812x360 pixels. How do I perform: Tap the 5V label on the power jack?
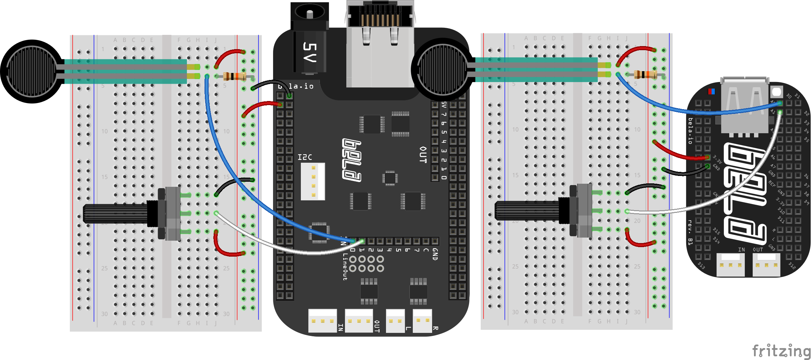(x=309, y=52)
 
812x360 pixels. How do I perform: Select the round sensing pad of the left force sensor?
(x=32, y=72)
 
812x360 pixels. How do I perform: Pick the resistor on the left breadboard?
(x=234, y=76)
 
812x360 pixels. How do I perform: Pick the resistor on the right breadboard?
(x=645, y=74)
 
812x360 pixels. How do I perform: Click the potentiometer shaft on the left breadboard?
(x=115, y=214)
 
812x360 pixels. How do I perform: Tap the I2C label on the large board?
(x=305, y=157)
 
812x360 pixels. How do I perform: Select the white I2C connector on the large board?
(x=313, y=181)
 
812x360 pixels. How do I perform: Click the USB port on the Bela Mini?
(x=745, y=105)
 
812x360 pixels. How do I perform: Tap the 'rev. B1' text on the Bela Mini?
(x=690, y=232)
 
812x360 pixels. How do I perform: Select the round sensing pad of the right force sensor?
(x=442, y=70)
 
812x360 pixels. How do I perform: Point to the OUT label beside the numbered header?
(x=423, y=155)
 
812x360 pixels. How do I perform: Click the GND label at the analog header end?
(x=435, y=254)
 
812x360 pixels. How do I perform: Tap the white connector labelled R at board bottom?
(x=422, y=320)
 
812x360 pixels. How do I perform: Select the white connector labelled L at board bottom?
(x=395, y=320)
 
